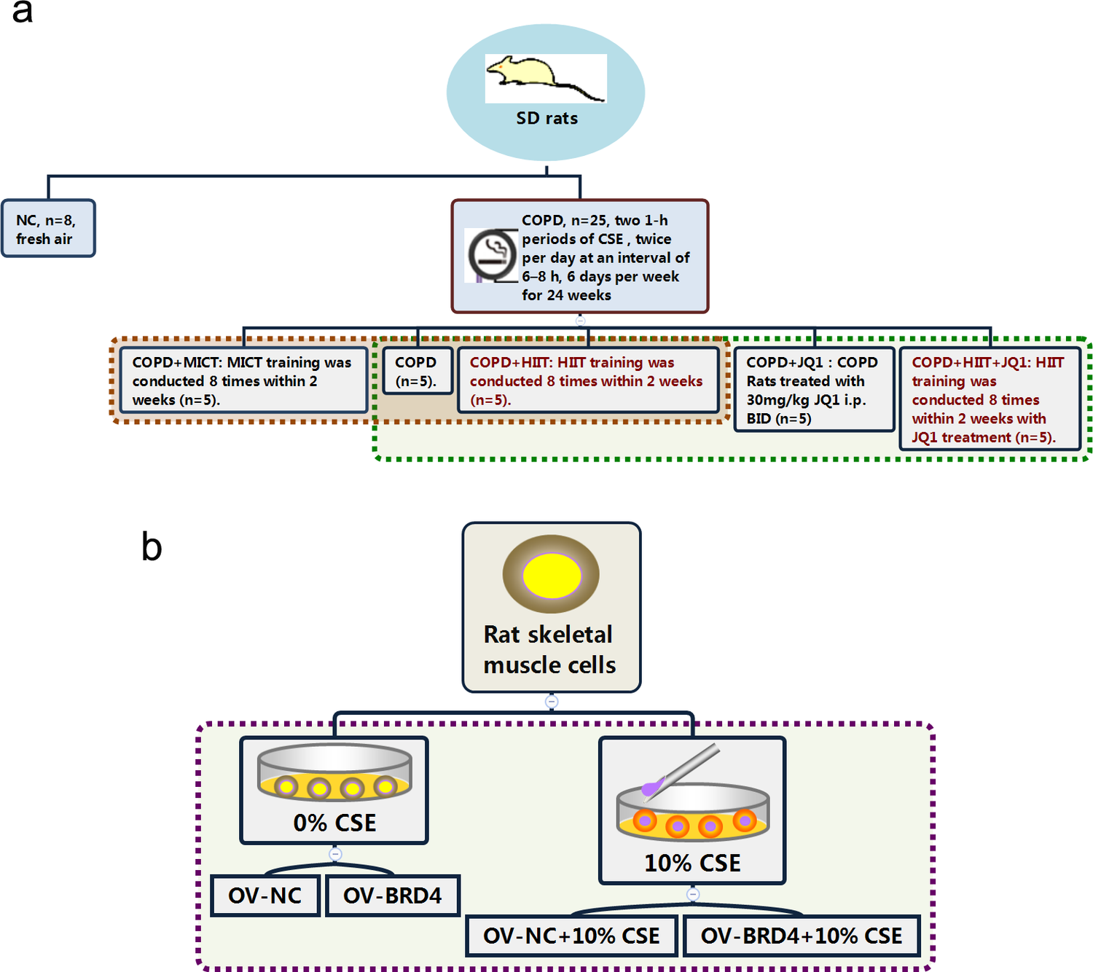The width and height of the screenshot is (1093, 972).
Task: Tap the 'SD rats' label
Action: coord(546,119)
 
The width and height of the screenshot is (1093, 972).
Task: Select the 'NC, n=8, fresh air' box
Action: coord(48,229)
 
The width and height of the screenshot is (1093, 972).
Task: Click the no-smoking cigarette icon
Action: coord(492,256)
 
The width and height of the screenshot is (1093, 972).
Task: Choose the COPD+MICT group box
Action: coord(243,381)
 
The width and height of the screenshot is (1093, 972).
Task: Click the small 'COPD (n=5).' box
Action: coord(417,372)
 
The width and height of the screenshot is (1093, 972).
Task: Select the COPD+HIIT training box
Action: coord(587,381)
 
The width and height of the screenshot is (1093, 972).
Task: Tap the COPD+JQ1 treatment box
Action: coord(813,390)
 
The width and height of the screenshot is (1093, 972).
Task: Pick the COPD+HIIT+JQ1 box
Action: coord(989,399)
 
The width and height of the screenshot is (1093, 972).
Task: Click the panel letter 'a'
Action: coord(23,12)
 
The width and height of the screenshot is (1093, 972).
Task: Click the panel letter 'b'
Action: coord(152,546)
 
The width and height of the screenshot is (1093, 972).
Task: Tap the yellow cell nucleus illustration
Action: coord(552,575)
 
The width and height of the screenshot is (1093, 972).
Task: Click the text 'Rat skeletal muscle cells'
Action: coord(549,649)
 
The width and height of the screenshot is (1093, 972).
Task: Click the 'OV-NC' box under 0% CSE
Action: coord(265,895)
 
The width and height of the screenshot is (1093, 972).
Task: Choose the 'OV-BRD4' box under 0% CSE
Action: coord(392,895)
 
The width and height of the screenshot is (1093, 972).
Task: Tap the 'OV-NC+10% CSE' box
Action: coord(571,936)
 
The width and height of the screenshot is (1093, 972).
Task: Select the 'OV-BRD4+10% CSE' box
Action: coord(802,936)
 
